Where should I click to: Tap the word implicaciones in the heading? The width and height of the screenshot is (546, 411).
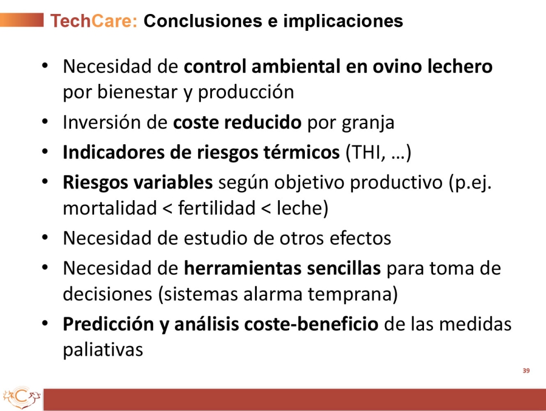tap(343, 21)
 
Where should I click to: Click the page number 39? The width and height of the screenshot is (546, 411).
tap(526, 371)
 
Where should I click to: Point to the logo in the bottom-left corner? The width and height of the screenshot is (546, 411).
tap(22, 398)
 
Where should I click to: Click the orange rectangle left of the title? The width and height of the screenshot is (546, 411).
tap(22, 20)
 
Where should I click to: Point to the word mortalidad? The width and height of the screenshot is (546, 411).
tap(110, 208)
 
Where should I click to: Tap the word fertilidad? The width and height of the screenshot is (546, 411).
tap(217, 208)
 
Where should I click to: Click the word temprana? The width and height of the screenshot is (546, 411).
tap(352, 295)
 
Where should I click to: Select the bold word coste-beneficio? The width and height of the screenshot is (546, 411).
tap(311, 324)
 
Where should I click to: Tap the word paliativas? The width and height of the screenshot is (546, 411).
tap(103, 350)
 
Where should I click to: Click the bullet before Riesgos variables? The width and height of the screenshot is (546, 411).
tap(45, 182)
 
